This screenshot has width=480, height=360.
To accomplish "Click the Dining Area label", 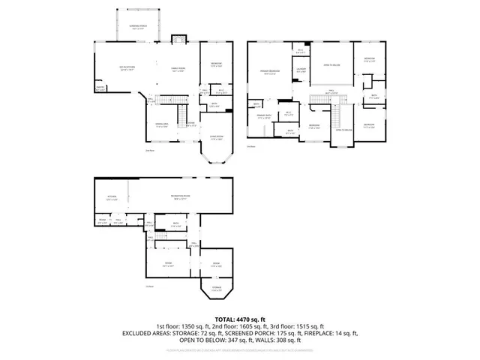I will [x=160, y=124].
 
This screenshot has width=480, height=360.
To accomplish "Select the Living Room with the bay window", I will [x=216, y=139].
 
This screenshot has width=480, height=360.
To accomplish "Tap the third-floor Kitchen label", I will [x=112, y=198].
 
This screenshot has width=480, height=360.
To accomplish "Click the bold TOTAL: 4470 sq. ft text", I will [x=239, y=319].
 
